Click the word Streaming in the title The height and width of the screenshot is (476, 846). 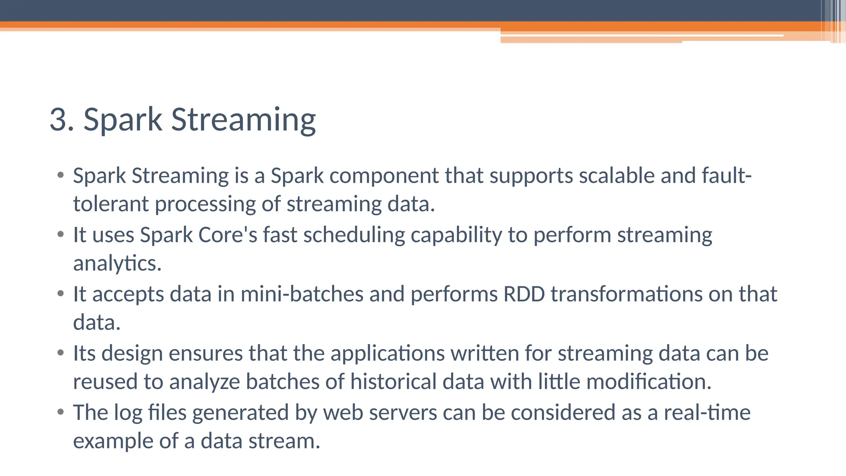243,120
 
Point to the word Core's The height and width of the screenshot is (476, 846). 228,235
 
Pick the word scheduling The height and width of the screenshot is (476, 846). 354,235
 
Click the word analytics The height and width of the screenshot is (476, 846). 117,263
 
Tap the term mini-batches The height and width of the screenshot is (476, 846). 302,294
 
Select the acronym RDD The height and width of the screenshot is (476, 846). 524,294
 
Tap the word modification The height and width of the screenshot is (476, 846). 649,381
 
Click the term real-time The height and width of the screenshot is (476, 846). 707,413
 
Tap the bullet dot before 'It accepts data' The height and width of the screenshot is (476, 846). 61,294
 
